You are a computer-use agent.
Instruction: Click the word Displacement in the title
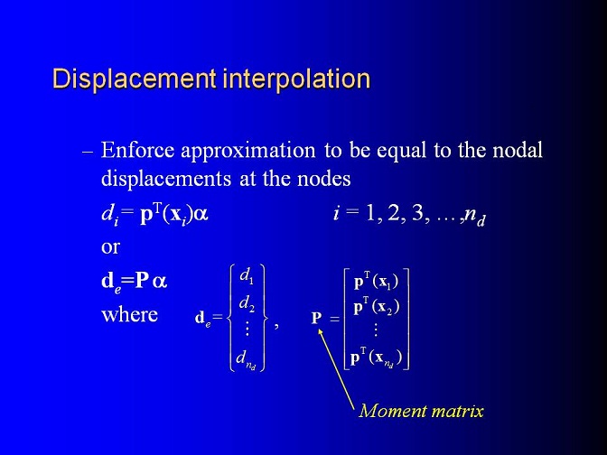click(x=135, y=79)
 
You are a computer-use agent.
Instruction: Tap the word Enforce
click(x=137, y=150)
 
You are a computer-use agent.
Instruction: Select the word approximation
click(x=248, y=151)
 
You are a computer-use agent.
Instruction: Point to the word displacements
click(x=166, y=179)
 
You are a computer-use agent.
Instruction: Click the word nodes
click(x=324, y=179)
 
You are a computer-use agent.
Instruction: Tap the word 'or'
click(x=110, y=247)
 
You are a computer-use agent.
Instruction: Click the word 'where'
click(x=130, y=314)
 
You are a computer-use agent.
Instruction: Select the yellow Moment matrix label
click(x=421, y=411)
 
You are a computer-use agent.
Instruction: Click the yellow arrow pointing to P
click(x=336, y=368)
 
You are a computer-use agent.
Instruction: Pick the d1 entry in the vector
click(x=247, y=276)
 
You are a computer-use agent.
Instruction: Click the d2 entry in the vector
click(x=247, y=303)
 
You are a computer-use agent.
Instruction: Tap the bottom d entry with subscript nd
click(x=247, y=360)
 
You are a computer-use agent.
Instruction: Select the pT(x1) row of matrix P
click(x=376, y=282)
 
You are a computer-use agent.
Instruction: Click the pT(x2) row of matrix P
click(x=377, y=308)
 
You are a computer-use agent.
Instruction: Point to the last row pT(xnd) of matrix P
click(x=376, y=357)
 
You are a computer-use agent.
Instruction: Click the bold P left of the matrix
click(x=317, y=318)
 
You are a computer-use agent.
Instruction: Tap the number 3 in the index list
click(x=417, y=214)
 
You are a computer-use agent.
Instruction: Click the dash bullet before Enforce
click(x=88, y=152)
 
